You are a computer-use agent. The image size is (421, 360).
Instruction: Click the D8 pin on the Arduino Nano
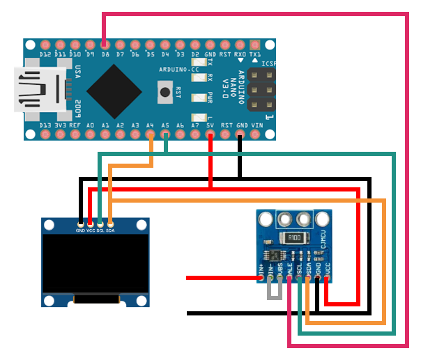[105, 45]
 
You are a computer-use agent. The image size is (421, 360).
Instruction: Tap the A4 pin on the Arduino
[151, 134]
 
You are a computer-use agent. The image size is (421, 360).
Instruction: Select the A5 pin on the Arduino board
[165, 134]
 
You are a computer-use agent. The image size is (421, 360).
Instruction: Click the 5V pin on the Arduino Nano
[210, 134]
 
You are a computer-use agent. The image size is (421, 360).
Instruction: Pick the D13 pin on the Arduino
[45, 134]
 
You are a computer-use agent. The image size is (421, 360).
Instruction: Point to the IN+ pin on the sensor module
[261, 279]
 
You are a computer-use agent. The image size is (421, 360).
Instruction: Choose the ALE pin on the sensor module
[289, 279]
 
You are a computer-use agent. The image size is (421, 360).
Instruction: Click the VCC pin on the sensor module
[326, 279]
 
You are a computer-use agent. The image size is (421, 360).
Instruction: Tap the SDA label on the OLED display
[110, 230]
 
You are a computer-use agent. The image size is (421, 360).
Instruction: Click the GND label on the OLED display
[80, 230]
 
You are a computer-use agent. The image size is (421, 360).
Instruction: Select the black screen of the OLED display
[95, 263]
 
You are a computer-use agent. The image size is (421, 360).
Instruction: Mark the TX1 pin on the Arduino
[256, 45]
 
